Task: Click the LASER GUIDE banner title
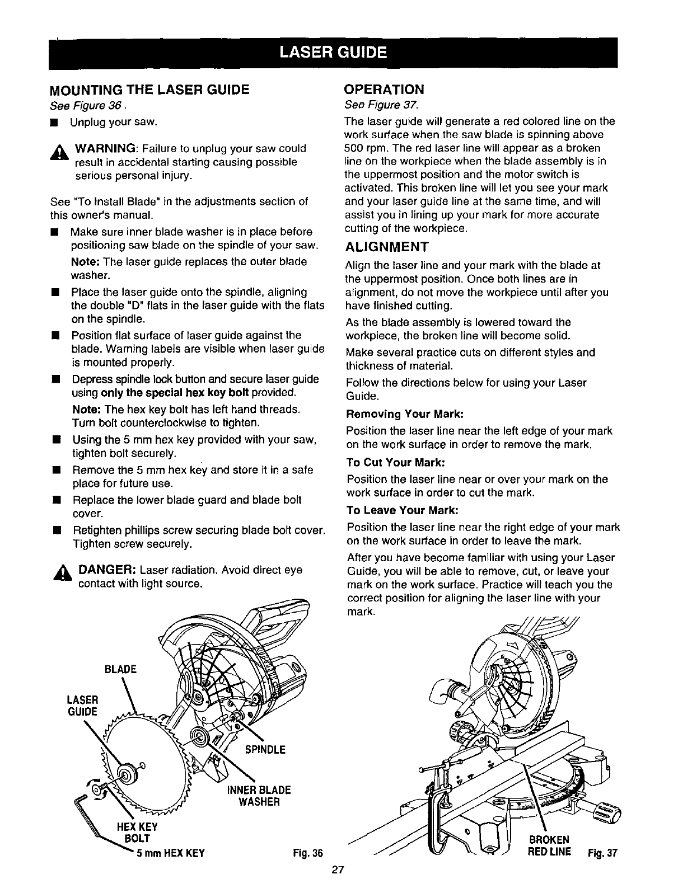(x=333, y=53)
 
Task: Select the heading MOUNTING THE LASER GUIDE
(x=149, y=90)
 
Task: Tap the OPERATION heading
(x=384, y=90)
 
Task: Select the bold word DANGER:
(x=107, y=570)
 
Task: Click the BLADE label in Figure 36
(x=120, y=670)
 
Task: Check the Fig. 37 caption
(x=602, y=853)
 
